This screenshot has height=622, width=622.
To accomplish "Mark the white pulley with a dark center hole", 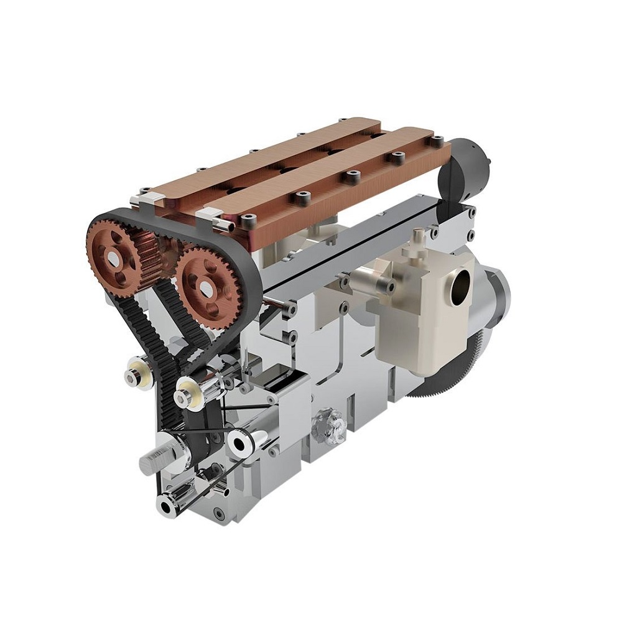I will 239,443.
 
